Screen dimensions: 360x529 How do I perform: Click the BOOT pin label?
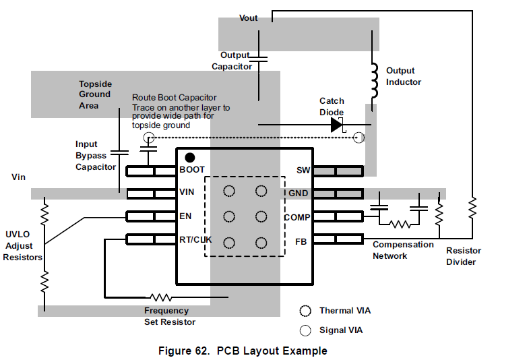192,170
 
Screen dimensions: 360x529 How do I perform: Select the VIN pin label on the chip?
187,192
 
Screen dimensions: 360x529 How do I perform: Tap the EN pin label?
185,216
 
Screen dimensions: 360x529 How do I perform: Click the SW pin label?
302,170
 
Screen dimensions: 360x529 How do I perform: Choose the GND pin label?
299,193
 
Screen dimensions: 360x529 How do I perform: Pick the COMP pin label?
297,217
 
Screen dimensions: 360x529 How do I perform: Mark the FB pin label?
301,240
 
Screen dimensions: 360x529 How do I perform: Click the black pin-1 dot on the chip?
190,157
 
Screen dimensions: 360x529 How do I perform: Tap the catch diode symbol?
337,125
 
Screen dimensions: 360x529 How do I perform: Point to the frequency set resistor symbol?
161,296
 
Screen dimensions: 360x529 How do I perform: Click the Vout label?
249,18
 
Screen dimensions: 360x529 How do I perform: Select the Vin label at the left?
18,177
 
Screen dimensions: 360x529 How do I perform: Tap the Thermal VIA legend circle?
306,311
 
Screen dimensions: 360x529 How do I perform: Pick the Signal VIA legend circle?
306,330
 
